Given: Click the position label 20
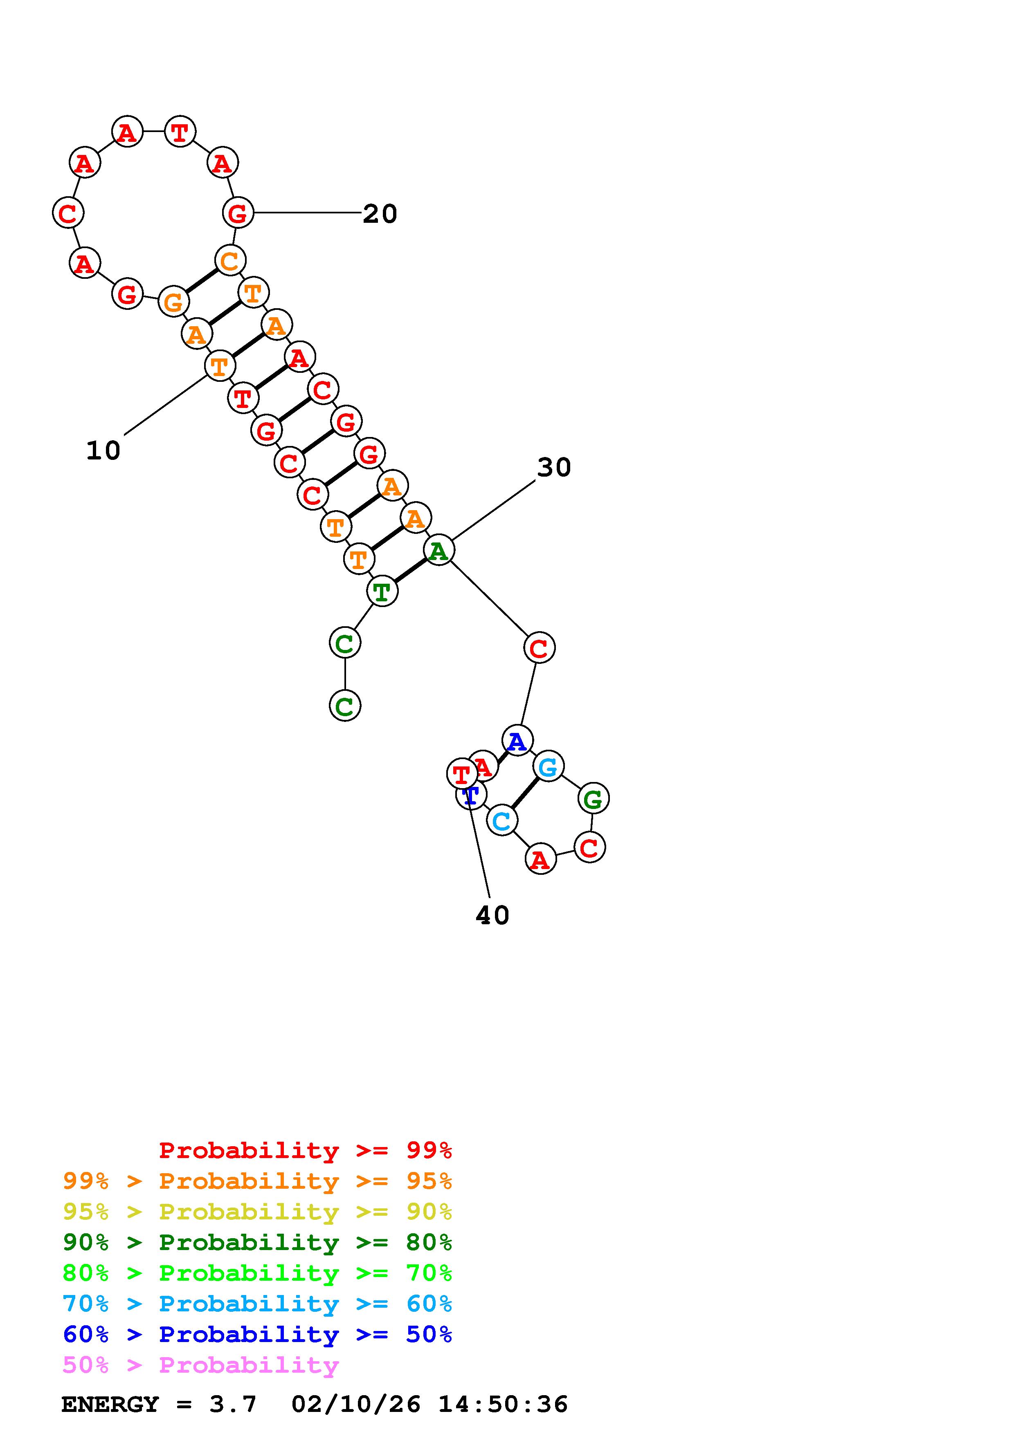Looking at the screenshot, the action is [380, 214].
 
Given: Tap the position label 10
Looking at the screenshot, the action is [103, 450].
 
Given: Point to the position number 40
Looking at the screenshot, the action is [492, 916].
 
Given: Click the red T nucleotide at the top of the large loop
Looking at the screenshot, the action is [180, 132].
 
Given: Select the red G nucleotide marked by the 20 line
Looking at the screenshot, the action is [238, 213].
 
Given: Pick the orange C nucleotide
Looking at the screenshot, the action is [230, 260].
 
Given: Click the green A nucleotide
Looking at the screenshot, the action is [439, 550].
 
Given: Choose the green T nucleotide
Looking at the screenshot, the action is [382, 591].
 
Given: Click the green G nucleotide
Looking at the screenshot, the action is [593, 798].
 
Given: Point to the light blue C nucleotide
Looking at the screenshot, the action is [502, 821].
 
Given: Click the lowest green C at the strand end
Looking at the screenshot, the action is [345, 706].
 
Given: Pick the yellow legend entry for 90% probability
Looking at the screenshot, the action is [257, 1212].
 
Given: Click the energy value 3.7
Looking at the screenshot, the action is [233, 1404].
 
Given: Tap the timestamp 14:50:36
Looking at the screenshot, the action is [503, 1404].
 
